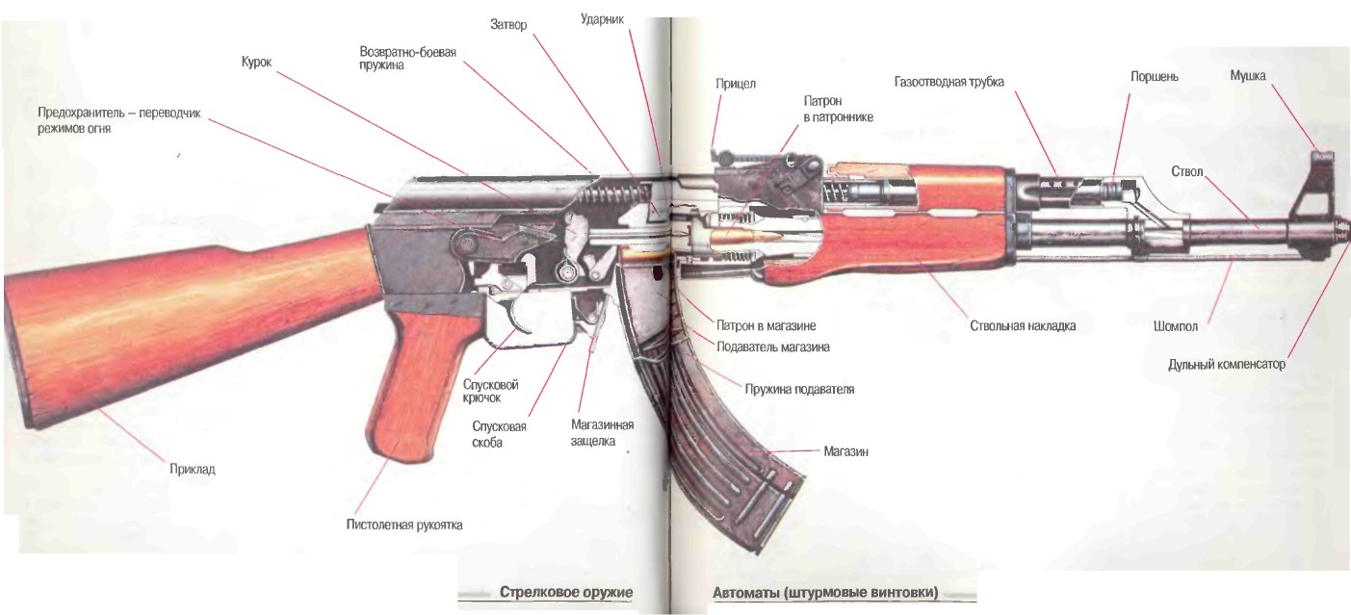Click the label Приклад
(192, 470)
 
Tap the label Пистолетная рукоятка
(404, 525)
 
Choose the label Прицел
(735, 84)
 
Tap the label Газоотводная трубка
(948, 82)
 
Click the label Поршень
(1153, 75)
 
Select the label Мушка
(1248, 74)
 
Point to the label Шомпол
(1175, 326)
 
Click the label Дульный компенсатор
(1226, 365)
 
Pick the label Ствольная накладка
(1023, 326)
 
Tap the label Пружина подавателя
(798, 389)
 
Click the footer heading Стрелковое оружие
(565, 592)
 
